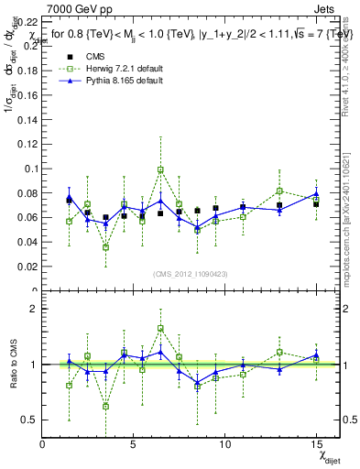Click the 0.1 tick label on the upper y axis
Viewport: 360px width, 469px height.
(x=31, y=169)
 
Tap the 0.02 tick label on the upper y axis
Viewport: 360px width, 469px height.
(x=28, y=267)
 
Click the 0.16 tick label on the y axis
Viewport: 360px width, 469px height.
(x=28, y=94)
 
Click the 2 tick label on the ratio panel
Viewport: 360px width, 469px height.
(x=34, y=309)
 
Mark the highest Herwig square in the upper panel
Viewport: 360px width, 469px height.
(x=160, y=169)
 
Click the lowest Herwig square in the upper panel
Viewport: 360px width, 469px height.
(x=105, y=247)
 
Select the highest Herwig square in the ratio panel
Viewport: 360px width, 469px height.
(x=160, y=328)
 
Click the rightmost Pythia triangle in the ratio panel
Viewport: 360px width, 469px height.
(x=316, y=355)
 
